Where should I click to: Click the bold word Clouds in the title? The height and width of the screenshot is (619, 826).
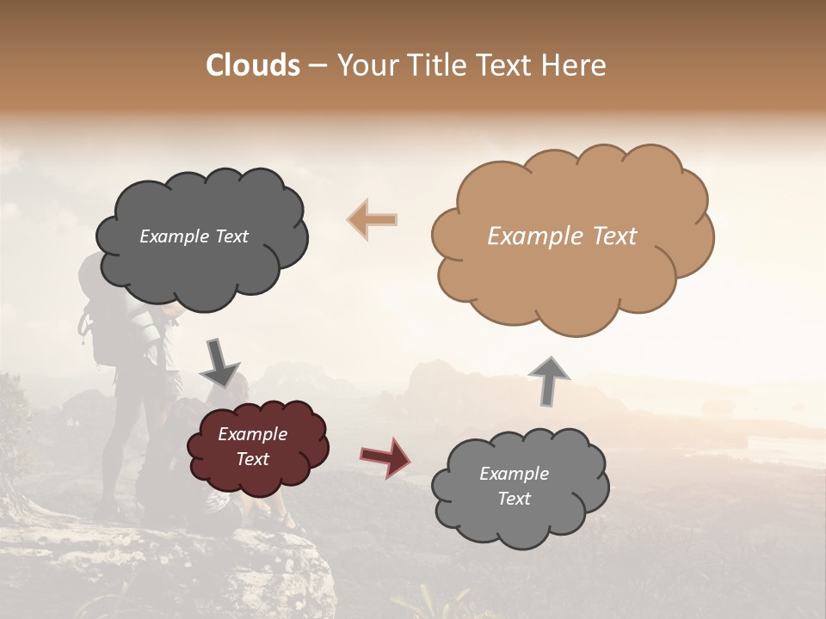tap(253, 65)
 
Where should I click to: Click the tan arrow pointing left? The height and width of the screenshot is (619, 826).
tap(372, 219)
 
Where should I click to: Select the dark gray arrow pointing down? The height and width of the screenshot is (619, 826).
tap(219, 363)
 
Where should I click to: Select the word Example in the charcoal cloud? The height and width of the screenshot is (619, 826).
tap(175, 236)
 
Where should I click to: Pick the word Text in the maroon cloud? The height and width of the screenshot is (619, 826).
tap(253, 459)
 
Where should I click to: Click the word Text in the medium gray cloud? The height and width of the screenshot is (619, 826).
tap(514, 499)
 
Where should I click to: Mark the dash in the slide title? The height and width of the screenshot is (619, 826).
tap(317, 65)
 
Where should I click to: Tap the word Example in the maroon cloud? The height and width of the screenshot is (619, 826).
tap(253, 434)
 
